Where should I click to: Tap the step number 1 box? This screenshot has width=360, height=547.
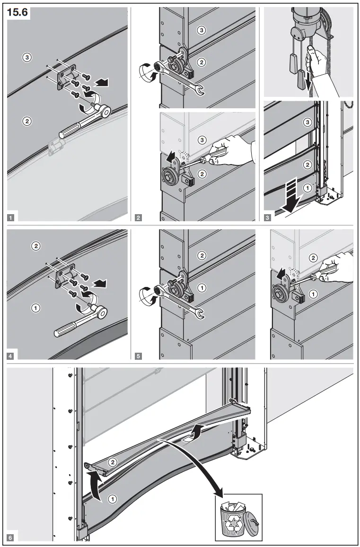11,218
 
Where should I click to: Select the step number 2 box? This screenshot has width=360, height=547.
138,218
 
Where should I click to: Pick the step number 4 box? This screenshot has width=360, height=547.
11,356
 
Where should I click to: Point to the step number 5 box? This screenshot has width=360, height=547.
138,356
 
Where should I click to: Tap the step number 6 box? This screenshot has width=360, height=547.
11,538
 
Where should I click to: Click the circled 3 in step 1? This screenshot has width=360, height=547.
27,57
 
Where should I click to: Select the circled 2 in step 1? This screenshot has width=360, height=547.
27,121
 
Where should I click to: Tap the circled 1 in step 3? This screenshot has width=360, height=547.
307,188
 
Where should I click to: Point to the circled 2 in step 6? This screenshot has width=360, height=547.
113,460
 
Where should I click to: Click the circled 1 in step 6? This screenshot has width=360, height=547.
113,498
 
